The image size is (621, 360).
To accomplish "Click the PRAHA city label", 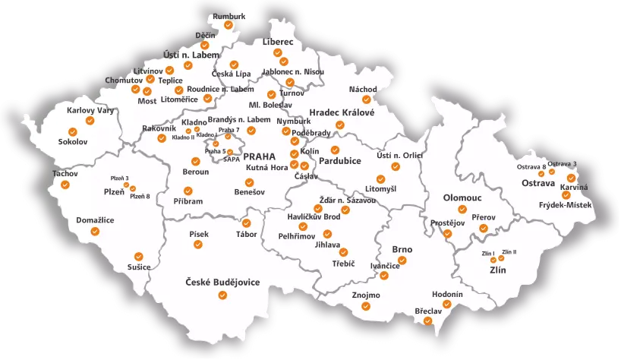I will tap(259, 156).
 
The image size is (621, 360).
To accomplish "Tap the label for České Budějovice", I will tap(222, 283).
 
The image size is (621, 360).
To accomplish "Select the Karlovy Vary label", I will tap(90, 110).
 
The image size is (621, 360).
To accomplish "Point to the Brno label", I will tap(402, 249).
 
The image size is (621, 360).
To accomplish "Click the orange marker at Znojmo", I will tap(366, 307).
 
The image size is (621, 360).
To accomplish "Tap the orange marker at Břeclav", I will tap(427, 321).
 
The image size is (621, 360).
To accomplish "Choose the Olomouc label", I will tap(462, 197).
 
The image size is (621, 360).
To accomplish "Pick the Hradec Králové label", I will tap(342, 112).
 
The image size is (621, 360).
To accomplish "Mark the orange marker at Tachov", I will tap(65, 185).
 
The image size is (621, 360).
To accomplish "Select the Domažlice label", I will tap(95, 220).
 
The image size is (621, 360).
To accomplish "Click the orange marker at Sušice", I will tap(138, 256).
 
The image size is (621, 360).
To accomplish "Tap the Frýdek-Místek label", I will tap(565, 205).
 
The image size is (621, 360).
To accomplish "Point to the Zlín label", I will tap(497, 270).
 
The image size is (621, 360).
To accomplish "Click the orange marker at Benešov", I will tap(249, 182).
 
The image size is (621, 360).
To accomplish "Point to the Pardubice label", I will tap(339, 161).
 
